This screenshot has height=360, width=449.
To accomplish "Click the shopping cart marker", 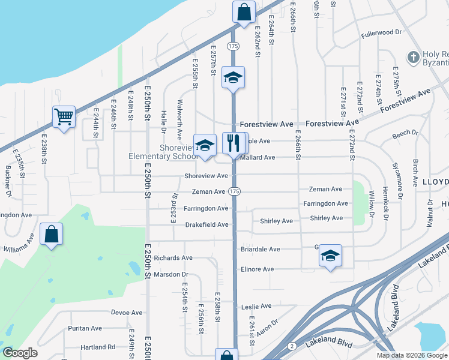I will coord(64,116).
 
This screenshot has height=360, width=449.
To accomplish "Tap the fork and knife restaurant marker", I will coord(233,143).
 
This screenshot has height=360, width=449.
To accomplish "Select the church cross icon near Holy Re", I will coord(413,58).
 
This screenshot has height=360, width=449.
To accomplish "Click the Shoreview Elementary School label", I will coord(162,152).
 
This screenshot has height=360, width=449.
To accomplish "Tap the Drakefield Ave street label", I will coord(206,224).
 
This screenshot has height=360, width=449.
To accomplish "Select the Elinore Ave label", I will coord(257,269).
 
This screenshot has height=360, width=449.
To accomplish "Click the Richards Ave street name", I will coord(173,258).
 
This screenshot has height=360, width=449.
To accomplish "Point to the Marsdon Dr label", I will coord(171,274).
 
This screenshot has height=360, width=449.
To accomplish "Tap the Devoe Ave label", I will coord(127,313).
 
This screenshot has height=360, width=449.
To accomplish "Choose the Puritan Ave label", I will coord(85,328).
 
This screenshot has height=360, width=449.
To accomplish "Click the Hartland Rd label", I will coord(98,347).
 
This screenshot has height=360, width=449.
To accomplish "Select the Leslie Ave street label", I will coord(257,306).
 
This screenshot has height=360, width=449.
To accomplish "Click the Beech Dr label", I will coord(405,133).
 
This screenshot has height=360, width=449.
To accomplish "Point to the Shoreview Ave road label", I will coord(206,176).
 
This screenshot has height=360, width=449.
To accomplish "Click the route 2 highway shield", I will coord(291,346).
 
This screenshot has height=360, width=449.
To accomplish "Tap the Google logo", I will coord(20,353).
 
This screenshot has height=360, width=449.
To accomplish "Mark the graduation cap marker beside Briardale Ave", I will coord(330,255).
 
